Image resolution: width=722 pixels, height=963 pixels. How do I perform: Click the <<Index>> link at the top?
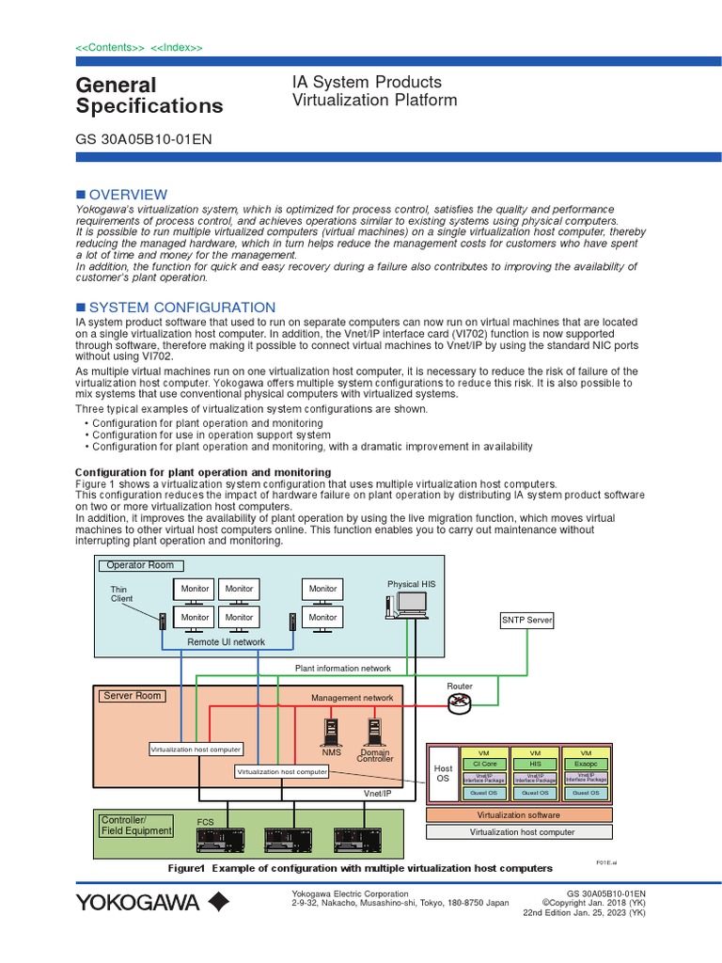[x=177, y=48]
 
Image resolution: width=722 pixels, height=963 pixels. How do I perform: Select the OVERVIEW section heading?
[x=127, y=195]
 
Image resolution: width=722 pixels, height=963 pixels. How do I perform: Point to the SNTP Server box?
[x=526, y=621]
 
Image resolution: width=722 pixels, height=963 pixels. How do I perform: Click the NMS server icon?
[x=332, y=732]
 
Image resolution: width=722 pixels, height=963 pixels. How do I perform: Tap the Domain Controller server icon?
[x=375, y=732]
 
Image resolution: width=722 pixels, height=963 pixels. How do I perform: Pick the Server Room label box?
[x=133, y=696]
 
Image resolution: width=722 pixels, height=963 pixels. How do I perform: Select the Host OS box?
[x=443, y=773]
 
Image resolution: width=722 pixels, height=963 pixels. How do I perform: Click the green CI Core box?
[x=483, y=765]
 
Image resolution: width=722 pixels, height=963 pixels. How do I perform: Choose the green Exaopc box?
[x=587, y=765]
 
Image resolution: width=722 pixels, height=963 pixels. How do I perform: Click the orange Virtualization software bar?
[x=519, y=815]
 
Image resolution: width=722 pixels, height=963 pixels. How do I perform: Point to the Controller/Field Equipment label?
[x=136, y=826]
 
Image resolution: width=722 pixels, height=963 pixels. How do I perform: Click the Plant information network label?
[x=342, y=668]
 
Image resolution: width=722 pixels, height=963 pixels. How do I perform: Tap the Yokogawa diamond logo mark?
[x=217, y=903]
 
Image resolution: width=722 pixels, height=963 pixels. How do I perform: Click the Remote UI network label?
[x=226, y=642]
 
